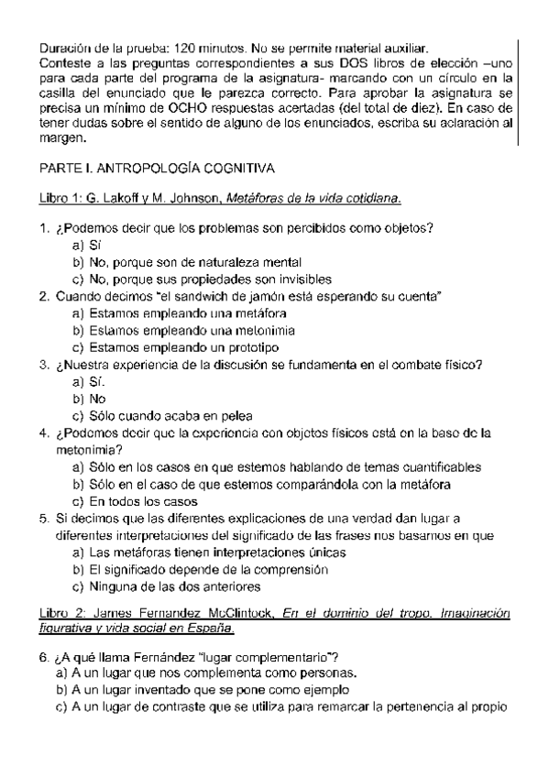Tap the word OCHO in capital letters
[207, 108]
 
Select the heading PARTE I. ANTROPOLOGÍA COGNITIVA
[157, 170]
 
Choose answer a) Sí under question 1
[88, 245]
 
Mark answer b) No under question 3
[91, 399]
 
